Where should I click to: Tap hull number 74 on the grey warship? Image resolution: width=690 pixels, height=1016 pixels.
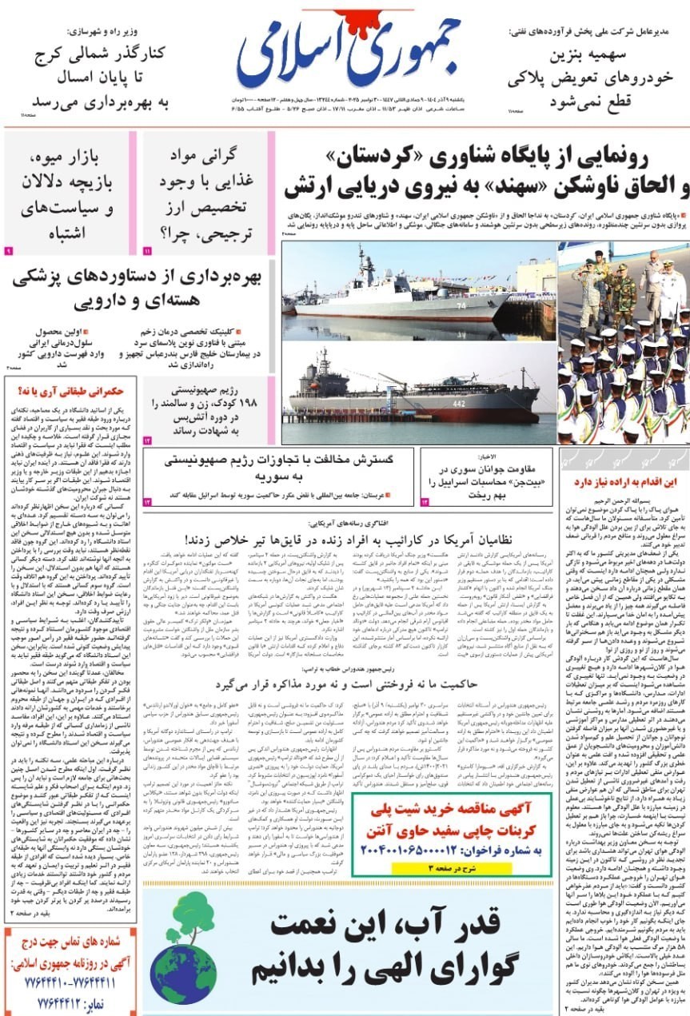(461, 305)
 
